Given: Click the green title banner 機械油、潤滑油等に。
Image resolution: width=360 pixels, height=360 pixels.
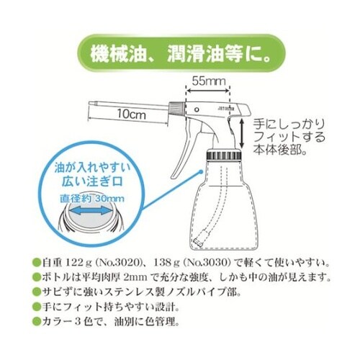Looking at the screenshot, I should (x=180, y=52).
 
